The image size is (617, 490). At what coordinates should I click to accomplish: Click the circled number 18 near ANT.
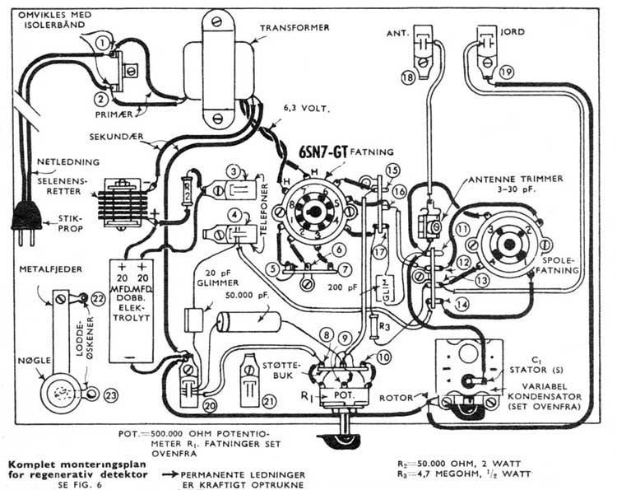[x=407, y=77]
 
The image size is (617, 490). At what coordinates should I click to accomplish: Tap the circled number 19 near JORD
[x=506, y=73]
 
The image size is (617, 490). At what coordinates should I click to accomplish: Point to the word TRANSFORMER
[x=295, y=28]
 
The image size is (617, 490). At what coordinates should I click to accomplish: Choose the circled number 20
[x=210, y=405]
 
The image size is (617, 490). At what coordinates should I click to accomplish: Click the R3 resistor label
[x=385, y=327]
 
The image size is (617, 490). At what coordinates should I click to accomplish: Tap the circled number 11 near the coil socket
[x=463, y=228]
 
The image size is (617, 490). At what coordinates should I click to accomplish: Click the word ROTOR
[x=398, y=399]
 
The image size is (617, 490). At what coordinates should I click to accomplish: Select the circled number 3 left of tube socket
[x=237, y=172]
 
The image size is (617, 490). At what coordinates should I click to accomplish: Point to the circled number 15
[x=392, y=170]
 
